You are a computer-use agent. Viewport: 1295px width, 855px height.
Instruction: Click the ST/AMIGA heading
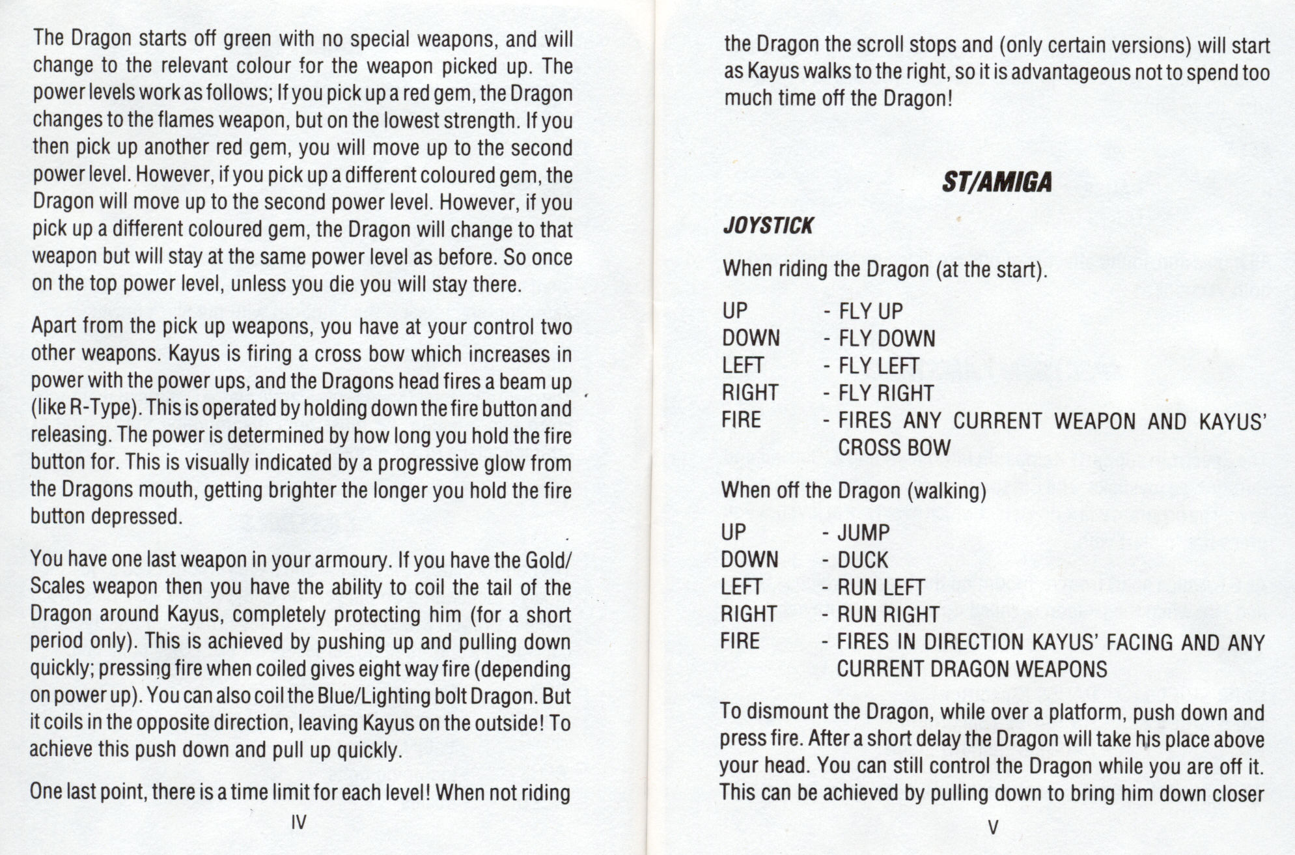996,182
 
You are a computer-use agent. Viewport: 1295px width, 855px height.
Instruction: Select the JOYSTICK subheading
768,226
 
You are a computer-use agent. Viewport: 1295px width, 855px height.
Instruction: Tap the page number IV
299,822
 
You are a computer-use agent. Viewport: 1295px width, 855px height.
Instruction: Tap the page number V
993,828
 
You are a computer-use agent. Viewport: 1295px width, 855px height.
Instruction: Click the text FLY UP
870,311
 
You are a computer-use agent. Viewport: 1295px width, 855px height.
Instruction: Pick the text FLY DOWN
887,339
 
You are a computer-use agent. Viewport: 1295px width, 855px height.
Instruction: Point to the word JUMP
863,533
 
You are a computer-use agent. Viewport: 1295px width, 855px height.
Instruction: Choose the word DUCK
863,560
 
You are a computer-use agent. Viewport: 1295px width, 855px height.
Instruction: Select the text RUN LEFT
880,587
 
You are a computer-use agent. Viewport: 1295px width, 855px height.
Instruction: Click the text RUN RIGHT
888,615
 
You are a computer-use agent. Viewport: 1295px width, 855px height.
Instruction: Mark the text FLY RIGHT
886,393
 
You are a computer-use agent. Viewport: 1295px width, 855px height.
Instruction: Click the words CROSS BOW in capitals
895,448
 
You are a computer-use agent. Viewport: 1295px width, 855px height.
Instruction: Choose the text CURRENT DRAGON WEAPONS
971,669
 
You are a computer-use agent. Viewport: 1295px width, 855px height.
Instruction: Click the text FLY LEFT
879,366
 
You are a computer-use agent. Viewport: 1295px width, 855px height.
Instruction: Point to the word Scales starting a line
58,587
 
